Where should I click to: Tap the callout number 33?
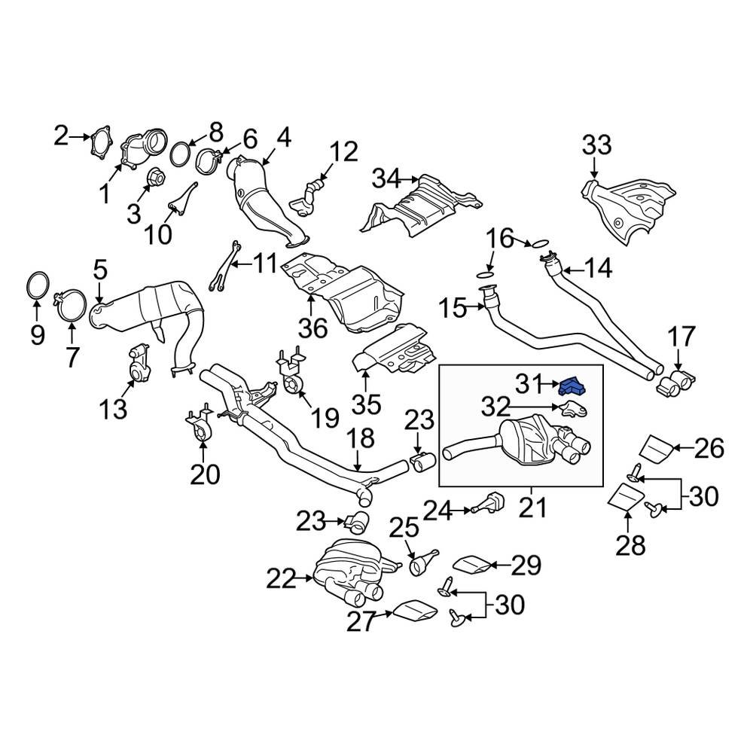[596, 145]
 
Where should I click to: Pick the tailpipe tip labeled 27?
[413, 611]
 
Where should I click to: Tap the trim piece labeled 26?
[657, 447]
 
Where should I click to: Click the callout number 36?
[312, 328]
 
